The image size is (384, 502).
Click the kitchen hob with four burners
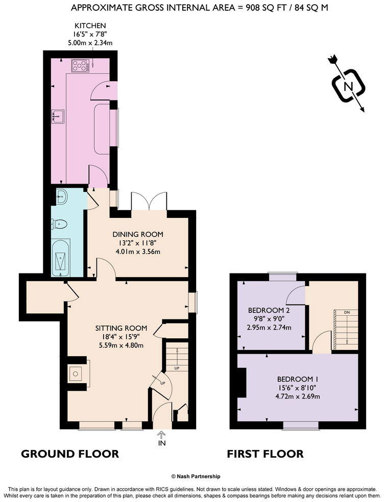click(x=81, y=65)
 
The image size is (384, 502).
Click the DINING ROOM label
click(x=138, y=234)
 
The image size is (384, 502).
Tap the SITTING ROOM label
click(x=122, y=328)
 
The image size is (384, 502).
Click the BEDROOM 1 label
click(x=298, y=379)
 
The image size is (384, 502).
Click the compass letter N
click(x=348, y=86)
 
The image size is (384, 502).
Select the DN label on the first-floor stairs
click(x=347, y=312)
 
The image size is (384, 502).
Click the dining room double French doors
click(x=149, y=200)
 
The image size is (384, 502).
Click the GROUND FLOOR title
click(x=70, y=454)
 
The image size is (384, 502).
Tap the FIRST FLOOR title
click(x=265, y=454)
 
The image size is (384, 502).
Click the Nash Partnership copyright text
click(x=196, y=476)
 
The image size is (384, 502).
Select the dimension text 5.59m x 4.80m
click(x=122, y=345)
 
